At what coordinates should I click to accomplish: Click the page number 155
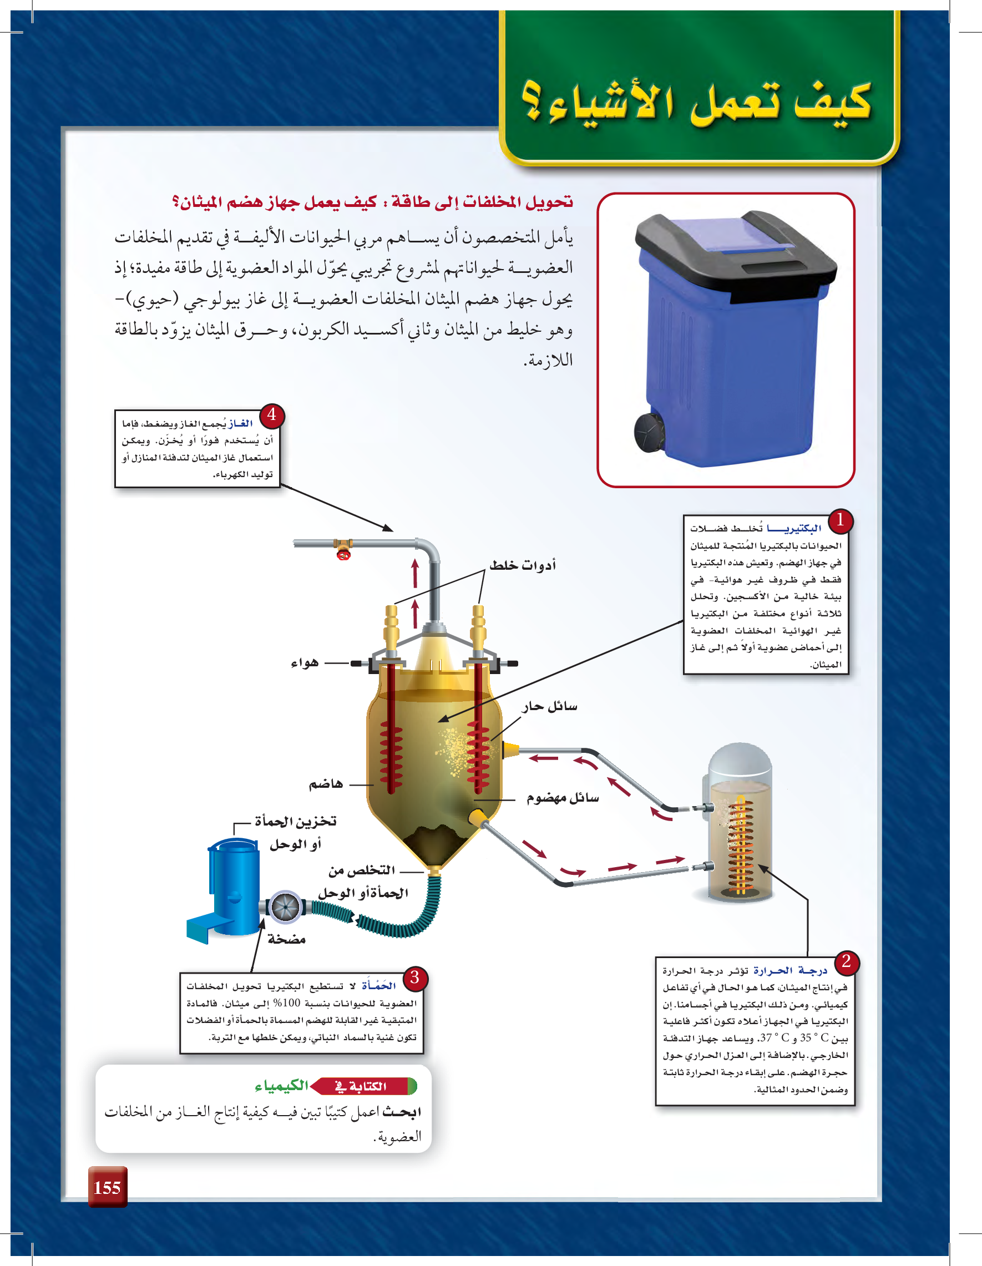click(107, 1188)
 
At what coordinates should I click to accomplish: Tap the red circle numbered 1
click(840, 520)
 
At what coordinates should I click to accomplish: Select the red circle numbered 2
click(847, 961)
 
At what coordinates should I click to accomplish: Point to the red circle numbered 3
click(414, 978)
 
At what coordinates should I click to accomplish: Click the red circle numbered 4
click(271, 415)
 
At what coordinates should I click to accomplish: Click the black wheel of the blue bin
click(649, 431)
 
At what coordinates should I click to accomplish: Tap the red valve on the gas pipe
click(344, 554)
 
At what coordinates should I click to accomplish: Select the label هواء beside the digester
click(305, 662)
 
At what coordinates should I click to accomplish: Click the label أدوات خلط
click(522, 565)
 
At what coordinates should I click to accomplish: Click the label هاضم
click(326, 784)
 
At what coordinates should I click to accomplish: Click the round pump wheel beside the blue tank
click(286, 907)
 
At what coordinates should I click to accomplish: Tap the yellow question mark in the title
click(532, 102)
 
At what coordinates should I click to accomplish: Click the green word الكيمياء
click(282, 1086)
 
